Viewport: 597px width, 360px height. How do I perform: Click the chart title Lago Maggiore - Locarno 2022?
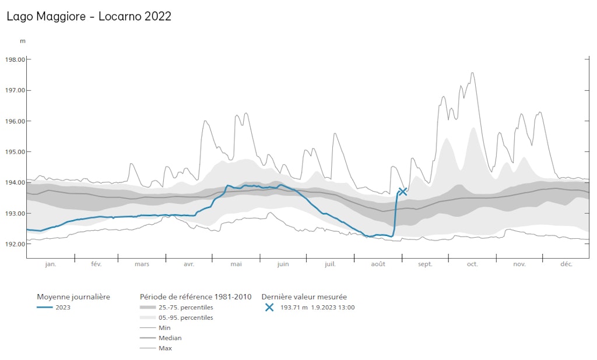click(89, 16)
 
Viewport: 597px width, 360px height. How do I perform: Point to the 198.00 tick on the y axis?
click(15, 59)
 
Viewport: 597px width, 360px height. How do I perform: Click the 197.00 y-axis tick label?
click(15, 90)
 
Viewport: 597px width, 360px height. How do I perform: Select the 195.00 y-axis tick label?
click(15, 151)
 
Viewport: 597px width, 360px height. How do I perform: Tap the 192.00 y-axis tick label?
click(15, 244)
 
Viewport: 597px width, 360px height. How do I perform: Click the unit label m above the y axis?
click(23, 41)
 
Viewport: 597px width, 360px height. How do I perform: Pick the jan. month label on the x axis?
click(51, 264)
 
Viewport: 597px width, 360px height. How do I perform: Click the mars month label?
click(142, 264)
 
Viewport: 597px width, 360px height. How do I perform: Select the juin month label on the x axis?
click(283, 264)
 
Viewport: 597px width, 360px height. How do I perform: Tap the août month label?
click(378, 264)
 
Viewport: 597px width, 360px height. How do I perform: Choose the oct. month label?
click(472, 264)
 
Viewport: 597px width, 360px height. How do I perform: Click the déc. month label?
click(566, 264)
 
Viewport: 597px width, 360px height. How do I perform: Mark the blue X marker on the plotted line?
click(402, 192)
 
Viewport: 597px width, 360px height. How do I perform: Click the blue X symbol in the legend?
click(269, 308)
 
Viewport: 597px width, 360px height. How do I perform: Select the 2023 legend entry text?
click(64, 308)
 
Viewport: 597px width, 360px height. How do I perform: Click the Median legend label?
click(170, 338)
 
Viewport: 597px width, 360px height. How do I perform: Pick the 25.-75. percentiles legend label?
click(185, 308)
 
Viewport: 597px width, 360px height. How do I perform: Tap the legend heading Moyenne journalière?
click(73, 297)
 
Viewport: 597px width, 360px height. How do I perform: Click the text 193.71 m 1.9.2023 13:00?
click(317, 308)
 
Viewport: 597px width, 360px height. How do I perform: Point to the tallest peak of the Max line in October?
click(472, 73)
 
